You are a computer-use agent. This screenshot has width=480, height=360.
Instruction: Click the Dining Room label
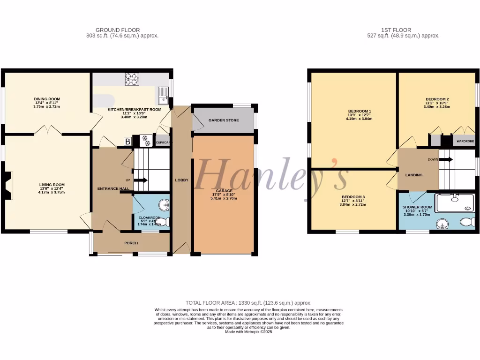[47, 99]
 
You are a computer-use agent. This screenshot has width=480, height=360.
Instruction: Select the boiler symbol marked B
[127, 141]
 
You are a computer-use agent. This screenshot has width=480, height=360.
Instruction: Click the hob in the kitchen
[132, 79]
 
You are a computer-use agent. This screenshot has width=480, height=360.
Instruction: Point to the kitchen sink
[164, 95]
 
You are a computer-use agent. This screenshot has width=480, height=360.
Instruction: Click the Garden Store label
[224, 120]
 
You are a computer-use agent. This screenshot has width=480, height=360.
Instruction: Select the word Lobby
[181, 180]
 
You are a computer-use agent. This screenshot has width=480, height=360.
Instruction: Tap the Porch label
[131, 243]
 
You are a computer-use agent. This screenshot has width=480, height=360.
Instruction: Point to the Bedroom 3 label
[353, 197]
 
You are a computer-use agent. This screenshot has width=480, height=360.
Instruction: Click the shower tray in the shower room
[454, 203]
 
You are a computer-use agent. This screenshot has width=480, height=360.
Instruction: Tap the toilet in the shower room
[467, 222]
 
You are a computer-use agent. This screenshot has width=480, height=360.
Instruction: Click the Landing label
[414, 175]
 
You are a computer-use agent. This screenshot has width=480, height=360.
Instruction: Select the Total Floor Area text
[248, 303]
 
